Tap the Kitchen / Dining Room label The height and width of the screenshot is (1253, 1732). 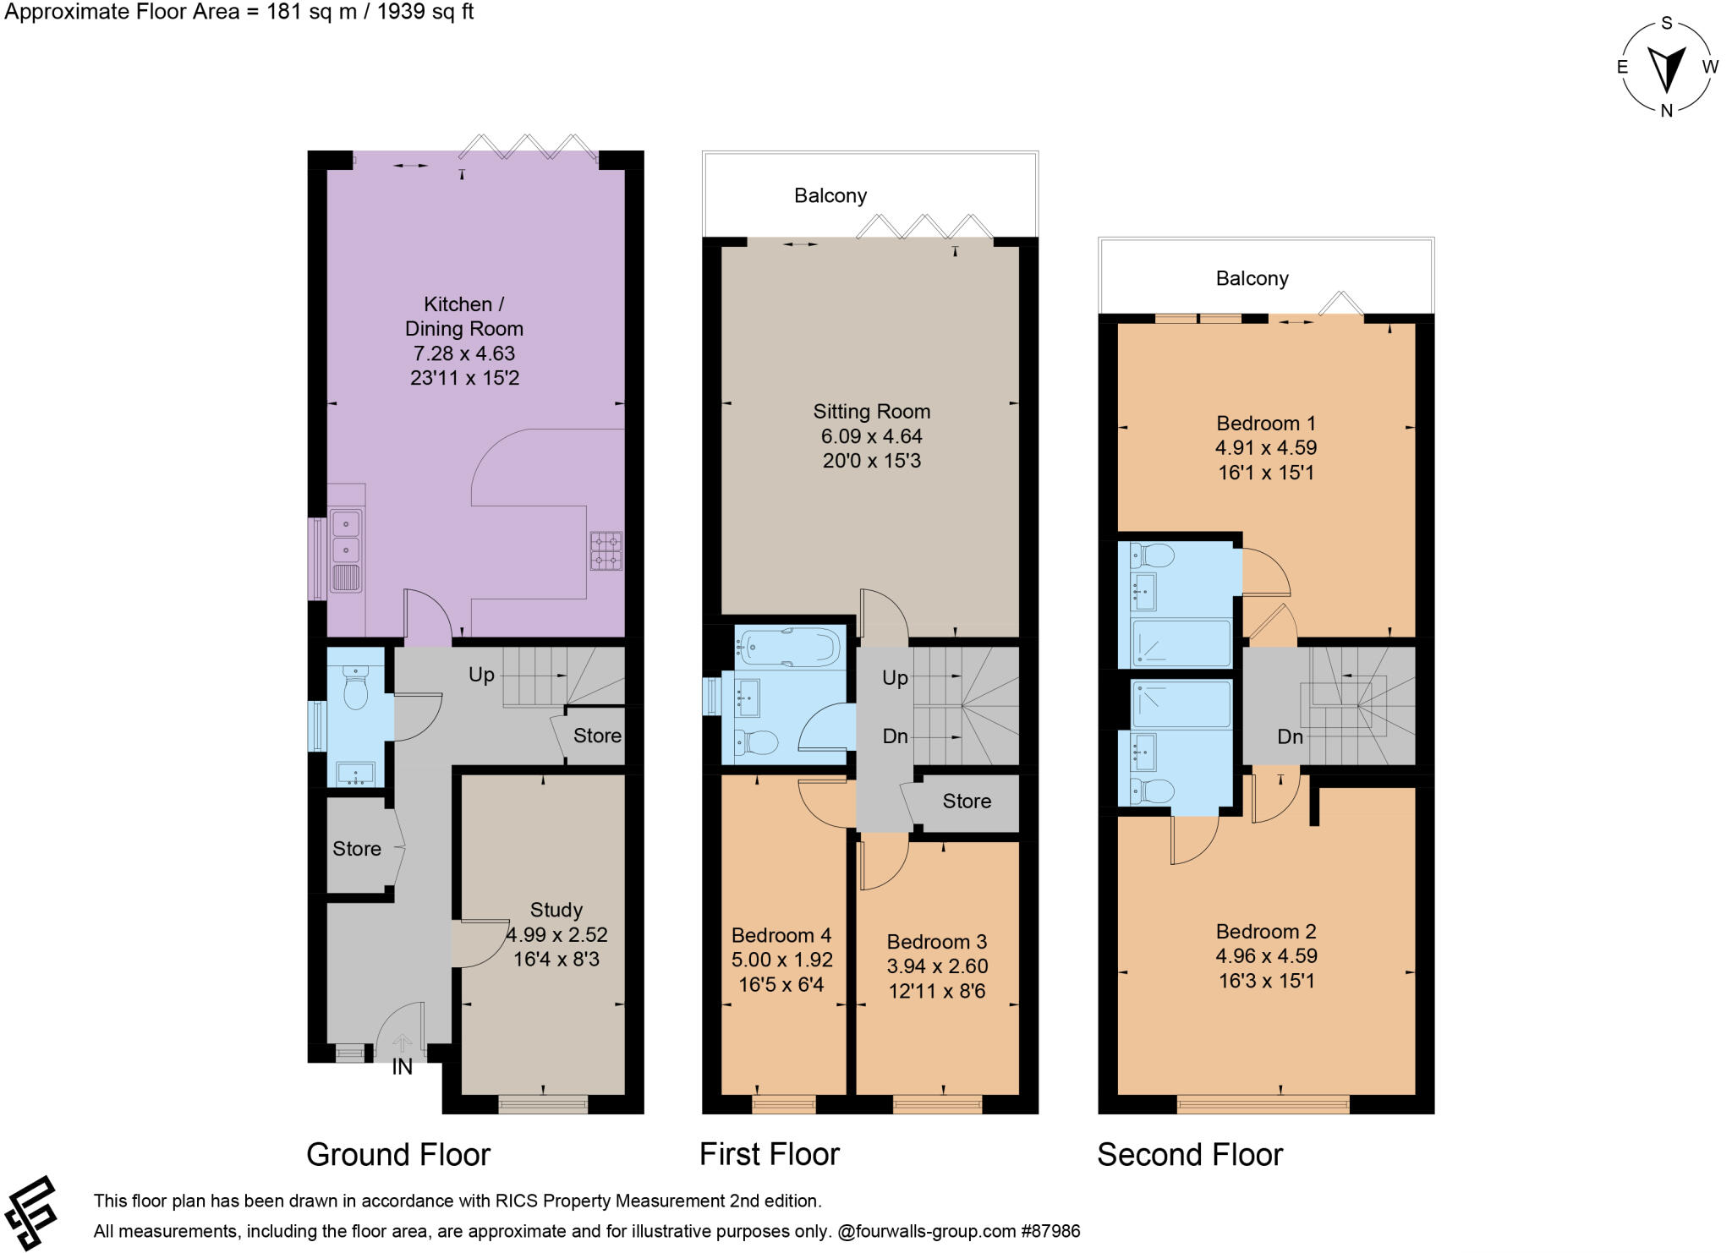463,316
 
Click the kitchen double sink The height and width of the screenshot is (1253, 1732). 346,537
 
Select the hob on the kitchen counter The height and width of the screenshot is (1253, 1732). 606,550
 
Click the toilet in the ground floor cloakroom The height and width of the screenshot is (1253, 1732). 356,687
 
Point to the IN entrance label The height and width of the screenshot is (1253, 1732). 403,1067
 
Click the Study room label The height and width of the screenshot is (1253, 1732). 556,910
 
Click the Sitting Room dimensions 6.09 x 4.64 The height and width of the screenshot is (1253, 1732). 871,436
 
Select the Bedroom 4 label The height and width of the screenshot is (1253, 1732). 781,935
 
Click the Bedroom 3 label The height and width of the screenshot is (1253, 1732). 936,942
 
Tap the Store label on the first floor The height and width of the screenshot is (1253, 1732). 967,801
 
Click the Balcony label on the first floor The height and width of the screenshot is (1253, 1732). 830,196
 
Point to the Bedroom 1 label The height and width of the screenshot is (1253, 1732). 1265,423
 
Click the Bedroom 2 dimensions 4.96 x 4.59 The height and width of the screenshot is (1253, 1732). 1265,956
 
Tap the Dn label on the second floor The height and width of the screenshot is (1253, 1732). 1290,736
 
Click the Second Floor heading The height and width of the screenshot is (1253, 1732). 1189,1154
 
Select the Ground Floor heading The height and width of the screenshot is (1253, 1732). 398,1154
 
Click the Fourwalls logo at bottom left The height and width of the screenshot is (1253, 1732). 31,1213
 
